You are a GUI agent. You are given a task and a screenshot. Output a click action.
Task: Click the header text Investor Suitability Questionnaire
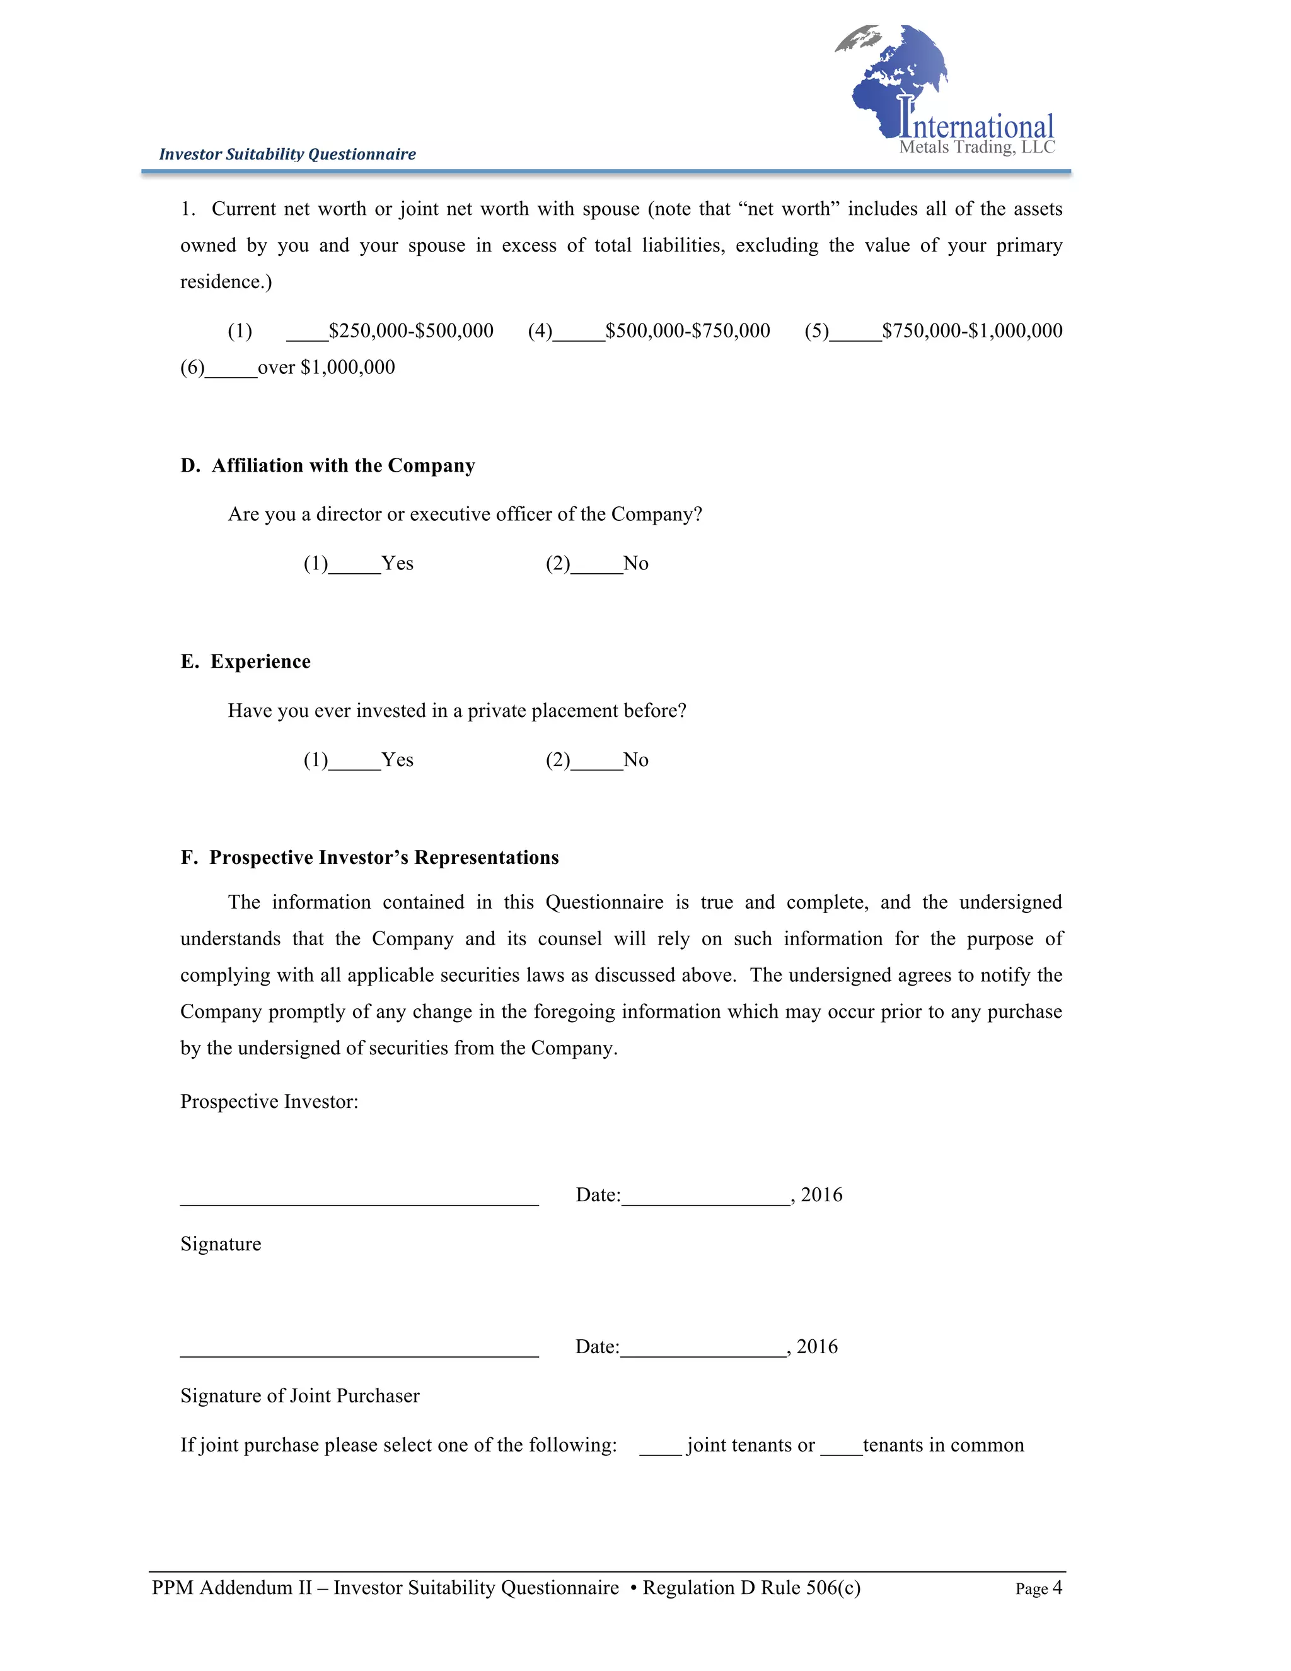coord(287,154)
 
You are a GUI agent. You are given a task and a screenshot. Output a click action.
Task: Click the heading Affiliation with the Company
coord(343,465)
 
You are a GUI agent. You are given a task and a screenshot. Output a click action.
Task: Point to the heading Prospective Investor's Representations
coord(384,857)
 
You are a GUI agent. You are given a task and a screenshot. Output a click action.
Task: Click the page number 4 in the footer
coord(1057,1588)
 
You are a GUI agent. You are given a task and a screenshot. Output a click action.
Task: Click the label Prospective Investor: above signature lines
coord(269,1101)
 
